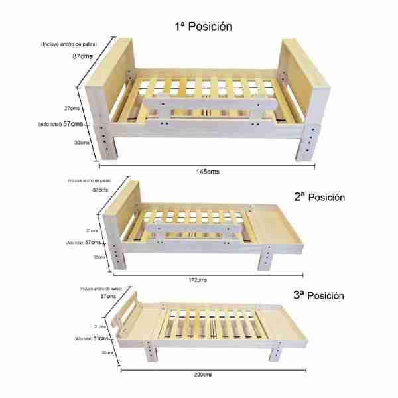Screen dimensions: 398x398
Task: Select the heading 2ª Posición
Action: (x=320, y=197)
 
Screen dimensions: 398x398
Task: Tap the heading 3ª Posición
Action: (x=320, y=294)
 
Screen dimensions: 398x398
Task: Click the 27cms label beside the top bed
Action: (x=74, y=108)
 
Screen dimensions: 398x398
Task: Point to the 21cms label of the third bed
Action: (x=100, y=326)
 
